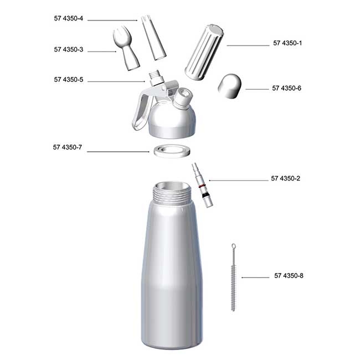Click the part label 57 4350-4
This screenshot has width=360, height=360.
69,19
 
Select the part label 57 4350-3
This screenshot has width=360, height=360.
69,50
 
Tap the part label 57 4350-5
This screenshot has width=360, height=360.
69,80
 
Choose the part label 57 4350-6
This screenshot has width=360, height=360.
287,88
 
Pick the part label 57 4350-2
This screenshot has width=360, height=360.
286,178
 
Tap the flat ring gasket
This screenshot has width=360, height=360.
171,150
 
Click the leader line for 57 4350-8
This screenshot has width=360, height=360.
255,276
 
